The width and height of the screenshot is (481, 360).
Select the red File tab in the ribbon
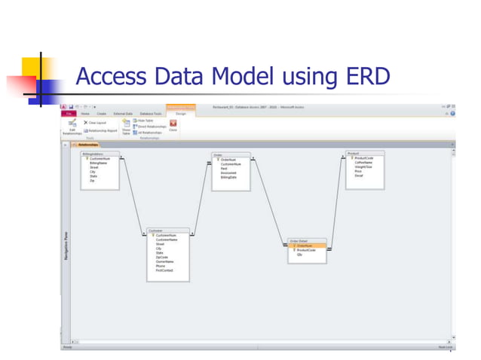point(66,113)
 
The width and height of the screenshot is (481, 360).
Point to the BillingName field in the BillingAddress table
point(99,163)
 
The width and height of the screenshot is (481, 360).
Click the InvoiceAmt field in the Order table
point(228,172)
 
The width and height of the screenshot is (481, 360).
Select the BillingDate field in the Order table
point(228,176)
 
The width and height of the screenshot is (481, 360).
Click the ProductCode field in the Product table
point(364,158)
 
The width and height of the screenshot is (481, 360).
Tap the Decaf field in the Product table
point(360,175)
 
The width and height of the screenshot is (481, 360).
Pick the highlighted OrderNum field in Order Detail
point(305,246)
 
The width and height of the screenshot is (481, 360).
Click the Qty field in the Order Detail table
point(300,255)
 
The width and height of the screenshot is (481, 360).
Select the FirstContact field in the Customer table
point(166,270)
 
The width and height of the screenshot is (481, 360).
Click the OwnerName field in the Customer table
point(165,261)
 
